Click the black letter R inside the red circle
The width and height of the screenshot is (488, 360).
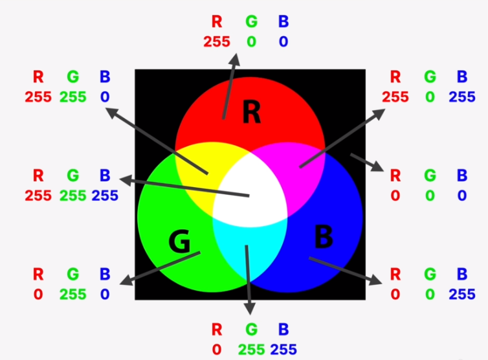tap(251, 113)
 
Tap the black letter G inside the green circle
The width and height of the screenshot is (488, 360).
tap(179, 242)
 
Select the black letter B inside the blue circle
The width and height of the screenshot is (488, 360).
tap(323, 237)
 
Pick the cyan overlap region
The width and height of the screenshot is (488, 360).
tap(249, 249)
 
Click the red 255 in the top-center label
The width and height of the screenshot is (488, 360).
tap(216, 41)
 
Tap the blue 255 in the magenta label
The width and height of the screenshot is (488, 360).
tap(461, 97)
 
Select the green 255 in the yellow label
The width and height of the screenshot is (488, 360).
tap(72, 97)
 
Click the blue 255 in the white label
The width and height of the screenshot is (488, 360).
tap(104, 195)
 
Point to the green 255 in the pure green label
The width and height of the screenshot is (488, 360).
tap(72, 294)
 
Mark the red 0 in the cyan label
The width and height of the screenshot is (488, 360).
tap(216, 349)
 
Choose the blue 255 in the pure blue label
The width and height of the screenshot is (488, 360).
tap(461, 294)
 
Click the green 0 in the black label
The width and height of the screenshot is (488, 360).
tap(429, 195)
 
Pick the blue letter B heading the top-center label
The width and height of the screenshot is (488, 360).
tap(283, 21)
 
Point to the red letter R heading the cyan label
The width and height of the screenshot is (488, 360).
tap(216, 328)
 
